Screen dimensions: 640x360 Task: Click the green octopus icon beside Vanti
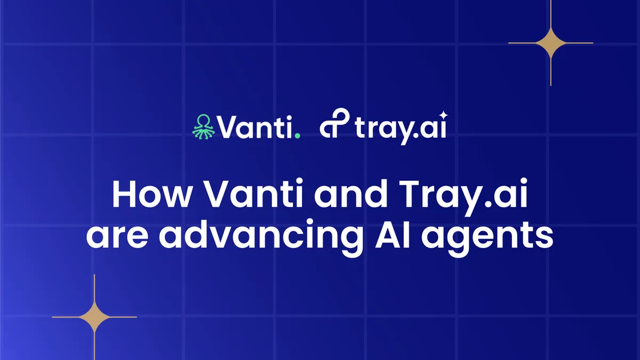[x=203, y=127]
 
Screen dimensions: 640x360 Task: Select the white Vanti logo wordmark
[x=255, y=127]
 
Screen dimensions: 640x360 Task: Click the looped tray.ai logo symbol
[x=334, y=123]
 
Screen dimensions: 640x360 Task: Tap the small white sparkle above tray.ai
[x=444, y=115]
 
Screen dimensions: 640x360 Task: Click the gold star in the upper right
[x=550, y=43]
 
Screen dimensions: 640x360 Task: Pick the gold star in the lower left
[x=94, y=317]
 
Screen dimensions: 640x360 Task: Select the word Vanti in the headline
[x=254, y=194]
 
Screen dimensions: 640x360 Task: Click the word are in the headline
[x=117, y=238]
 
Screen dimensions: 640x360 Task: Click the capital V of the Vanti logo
[x=229, y=127]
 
